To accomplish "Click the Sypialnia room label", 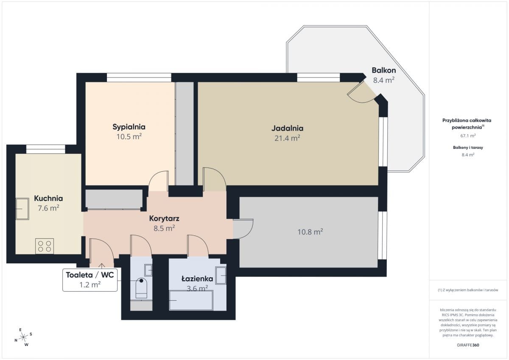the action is (x=129, y=127).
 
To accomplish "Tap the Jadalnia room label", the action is (x=287, y=128).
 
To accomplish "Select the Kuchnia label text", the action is (x=48, y=198).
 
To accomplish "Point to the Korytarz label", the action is (x=164, y=218).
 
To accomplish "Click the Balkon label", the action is (x=383, y=70).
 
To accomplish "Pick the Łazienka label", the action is (x=197, y=279).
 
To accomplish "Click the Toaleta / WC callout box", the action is (x=90, y=280).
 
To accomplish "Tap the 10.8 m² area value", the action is (x=310, y=232).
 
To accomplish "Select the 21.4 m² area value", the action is (x=287, y=138).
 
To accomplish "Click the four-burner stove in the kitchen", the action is (x=45, y=246).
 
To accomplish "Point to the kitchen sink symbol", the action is (x=22, y=209).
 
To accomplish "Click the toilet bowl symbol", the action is (x=141, y=288).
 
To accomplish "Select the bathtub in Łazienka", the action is (x=191, y=300).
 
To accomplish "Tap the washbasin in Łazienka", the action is (x=221, y=276).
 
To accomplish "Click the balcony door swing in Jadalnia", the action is (x=361, y=94).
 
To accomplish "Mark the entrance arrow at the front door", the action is (x=101, y=266).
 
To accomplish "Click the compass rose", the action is (x=23, y=337).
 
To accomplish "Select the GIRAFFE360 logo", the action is (x=468, y=345).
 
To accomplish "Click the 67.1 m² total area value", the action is (x=468, y=136).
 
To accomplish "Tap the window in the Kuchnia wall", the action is (x=46, y=149).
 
